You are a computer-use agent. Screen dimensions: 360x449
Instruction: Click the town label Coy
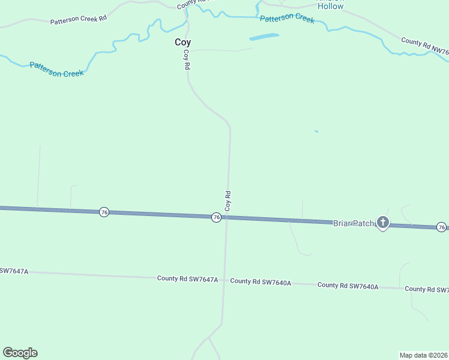182,43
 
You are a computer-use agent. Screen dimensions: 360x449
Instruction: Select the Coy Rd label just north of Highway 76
228,200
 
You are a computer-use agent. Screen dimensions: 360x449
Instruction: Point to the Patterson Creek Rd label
78,20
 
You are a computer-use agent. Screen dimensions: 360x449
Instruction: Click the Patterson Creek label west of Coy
56,69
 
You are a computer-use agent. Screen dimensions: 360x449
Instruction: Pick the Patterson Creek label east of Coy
287,19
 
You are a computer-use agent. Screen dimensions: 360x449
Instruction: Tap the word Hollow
330,7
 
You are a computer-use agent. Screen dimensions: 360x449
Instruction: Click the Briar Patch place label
354,222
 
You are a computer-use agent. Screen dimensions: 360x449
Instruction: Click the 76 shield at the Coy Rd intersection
216,217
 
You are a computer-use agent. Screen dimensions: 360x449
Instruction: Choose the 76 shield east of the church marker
441,227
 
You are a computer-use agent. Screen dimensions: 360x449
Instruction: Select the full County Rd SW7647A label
187,279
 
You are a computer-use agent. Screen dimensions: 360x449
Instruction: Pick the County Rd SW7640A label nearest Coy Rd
261,281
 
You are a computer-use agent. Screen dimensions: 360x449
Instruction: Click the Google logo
20,353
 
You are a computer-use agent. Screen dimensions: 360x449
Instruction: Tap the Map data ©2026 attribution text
423,355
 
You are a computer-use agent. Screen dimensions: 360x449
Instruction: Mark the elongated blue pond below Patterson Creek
264,37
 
